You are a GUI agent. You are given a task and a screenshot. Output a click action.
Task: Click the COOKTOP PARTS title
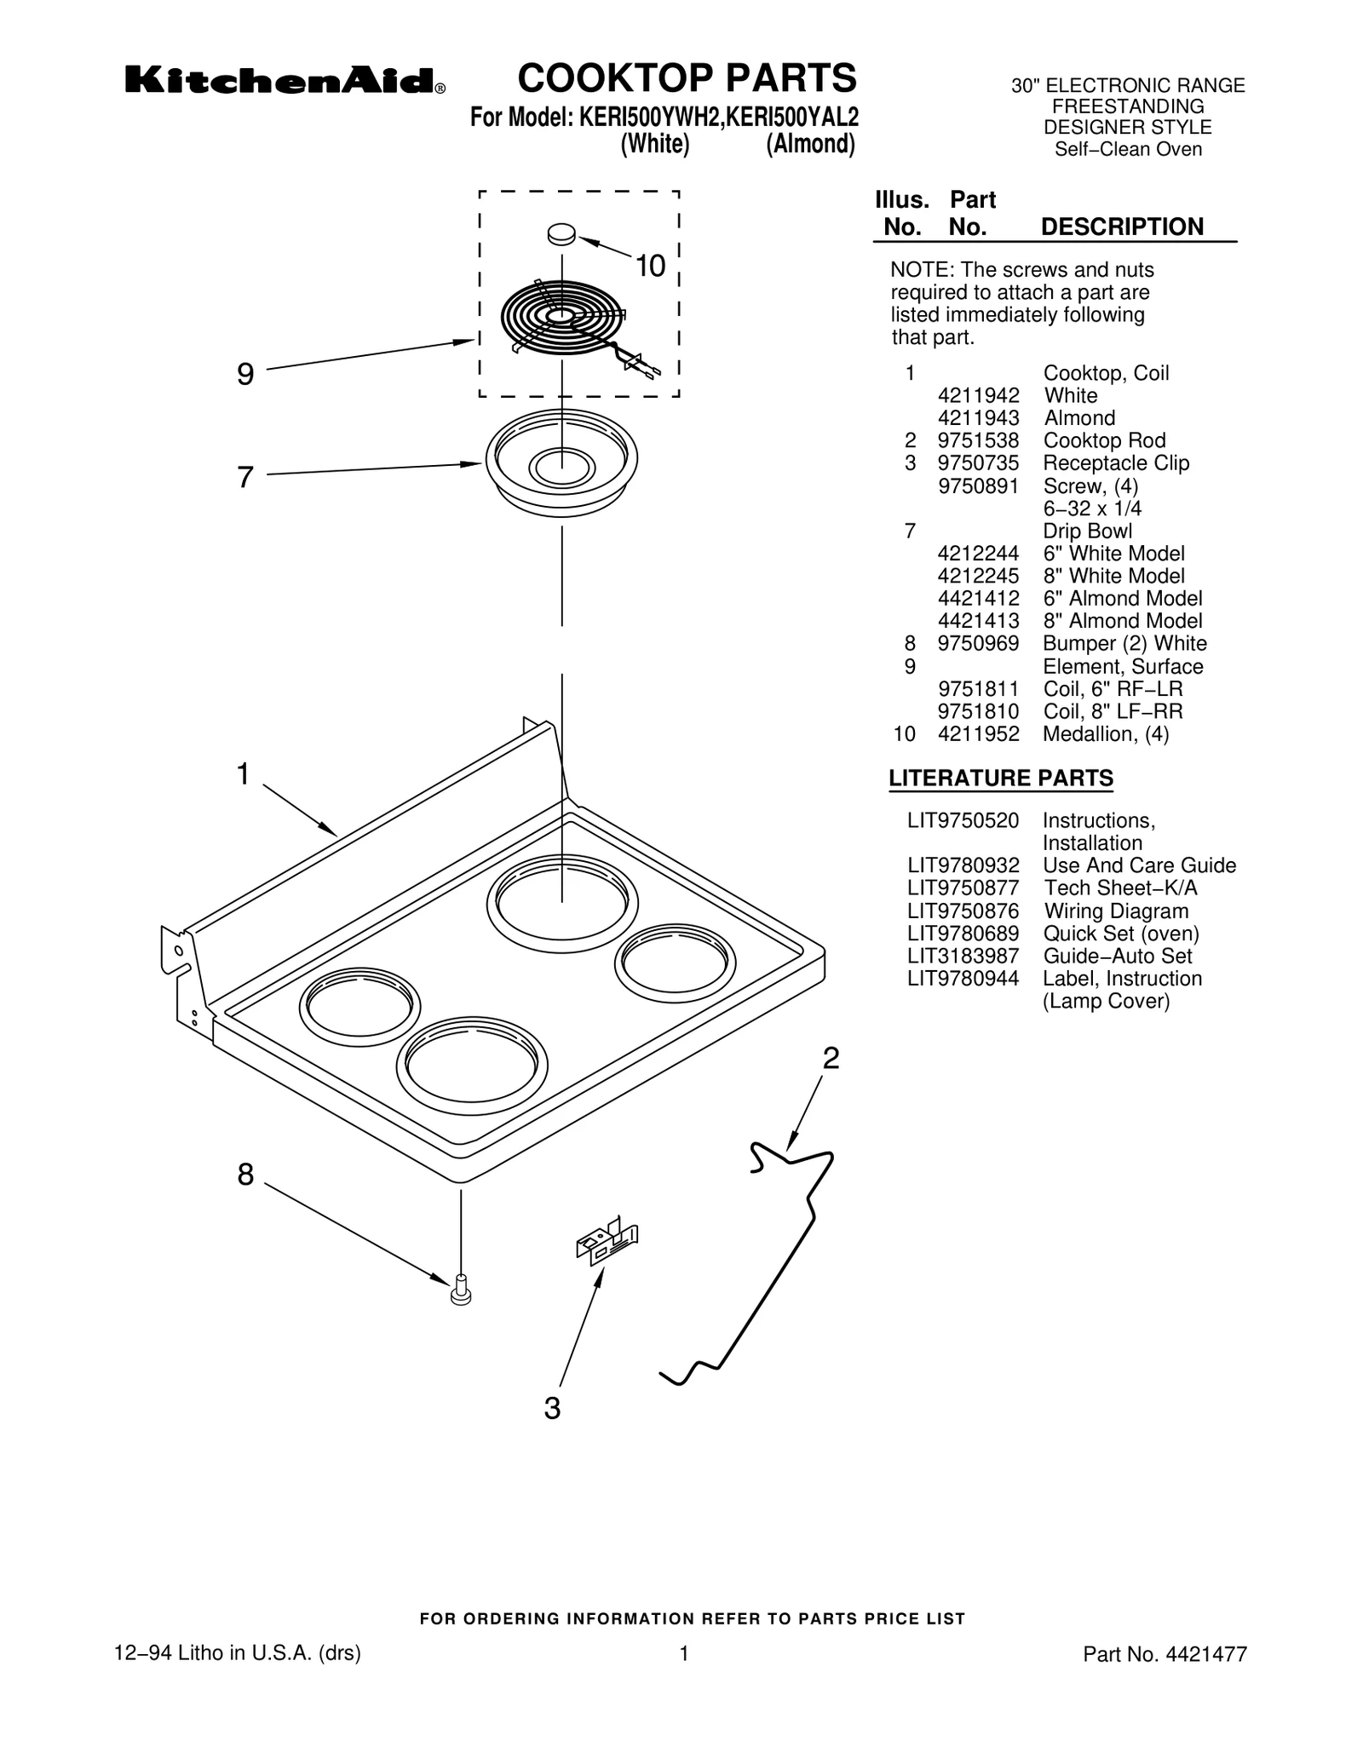pos(687,78)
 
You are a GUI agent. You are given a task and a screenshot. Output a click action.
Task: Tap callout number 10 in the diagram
pos(650,267)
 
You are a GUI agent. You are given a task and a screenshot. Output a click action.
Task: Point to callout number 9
pos(245,374)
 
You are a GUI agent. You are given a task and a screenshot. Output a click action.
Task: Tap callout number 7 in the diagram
pos(245,477)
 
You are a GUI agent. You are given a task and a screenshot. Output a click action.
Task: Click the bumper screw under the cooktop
pos(461,1290)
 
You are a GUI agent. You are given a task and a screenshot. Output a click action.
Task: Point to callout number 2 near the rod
pos(831,1059)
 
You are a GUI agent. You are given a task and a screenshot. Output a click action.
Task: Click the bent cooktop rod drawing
pos(767,1261)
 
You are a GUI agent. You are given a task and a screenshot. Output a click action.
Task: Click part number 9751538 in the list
pos(978,440)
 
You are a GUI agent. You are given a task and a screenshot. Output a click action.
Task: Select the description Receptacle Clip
pos(1116,463)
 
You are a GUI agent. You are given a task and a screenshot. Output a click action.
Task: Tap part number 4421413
pos(978,621)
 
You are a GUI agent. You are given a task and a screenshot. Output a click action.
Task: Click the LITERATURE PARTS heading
pos(1000,779)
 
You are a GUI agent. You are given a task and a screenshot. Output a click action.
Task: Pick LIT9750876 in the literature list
pos(963,911)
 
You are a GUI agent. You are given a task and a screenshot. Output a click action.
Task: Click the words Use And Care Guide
pos(1139,865)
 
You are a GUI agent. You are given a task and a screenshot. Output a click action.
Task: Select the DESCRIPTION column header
pos(1122,227)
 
